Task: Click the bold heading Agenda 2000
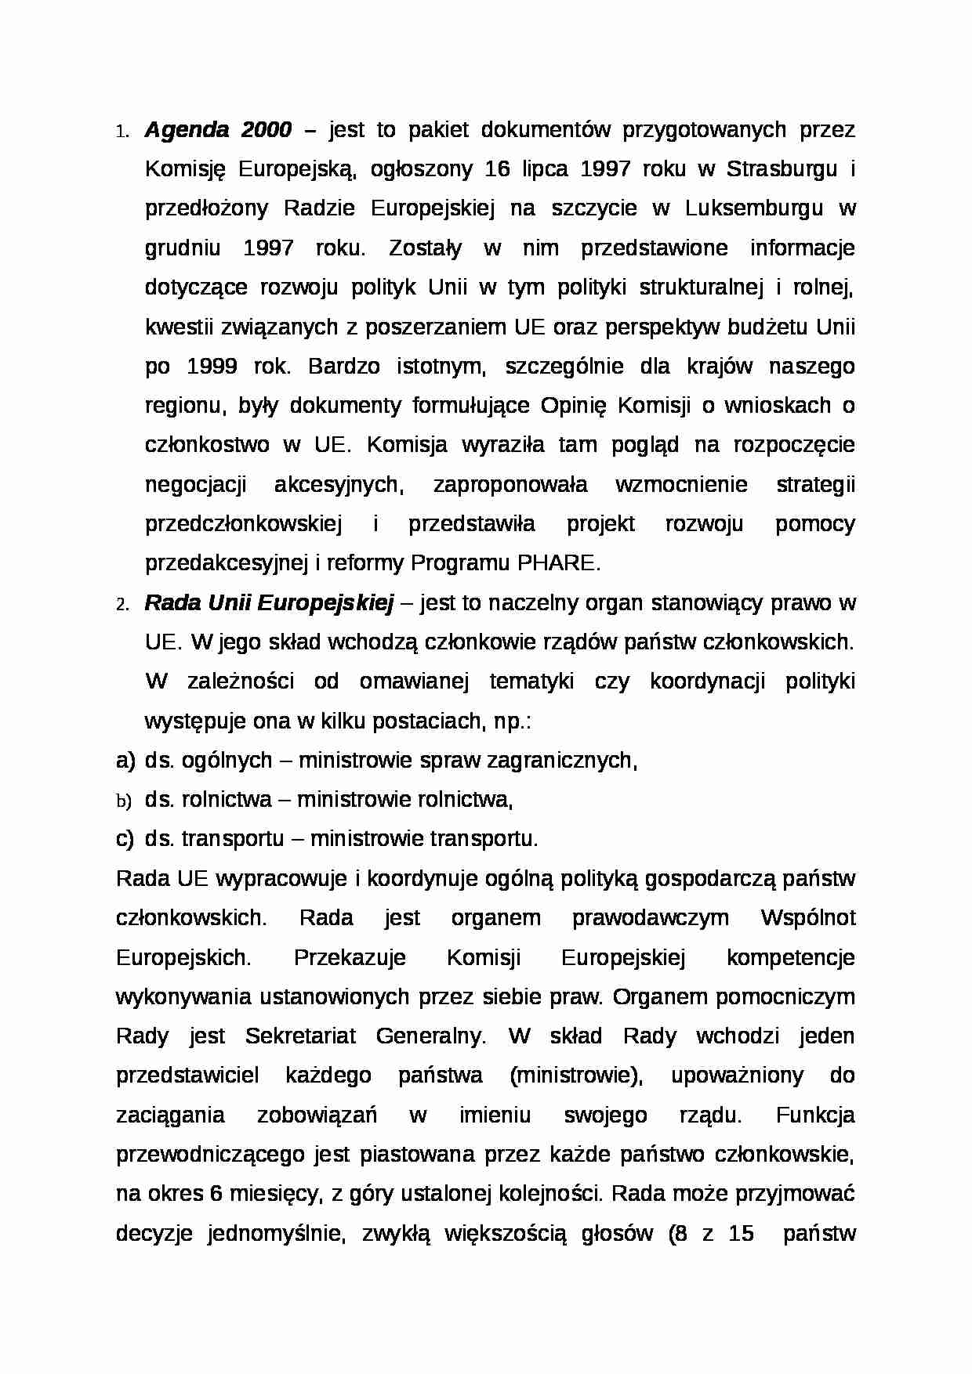pyautogui.click(x=217, y=130)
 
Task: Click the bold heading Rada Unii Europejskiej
pyautogui.click(x=268, y=602)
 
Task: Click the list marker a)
pyautogui.click(x=125, y=760)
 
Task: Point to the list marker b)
pyautogui.click(x=124, y=801)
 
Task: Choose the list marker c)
pyautogui.click(x=125, y=839)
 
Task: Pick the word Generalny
pyautogui.click(x=430, y=1036)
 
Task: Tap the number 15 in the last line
pyautogui.click(x=741, y=1234)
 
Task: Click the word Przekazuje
pyautogui.click(x=350, y=957)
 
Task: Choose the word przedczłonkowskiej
pyautogui.click(x=244, y=524)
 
